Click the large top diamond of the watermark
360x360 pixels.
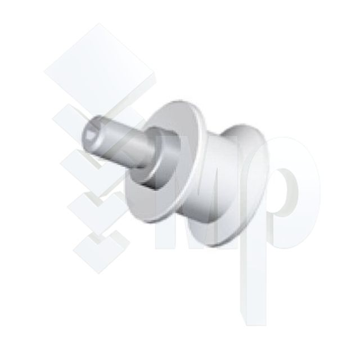[99, 69]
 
